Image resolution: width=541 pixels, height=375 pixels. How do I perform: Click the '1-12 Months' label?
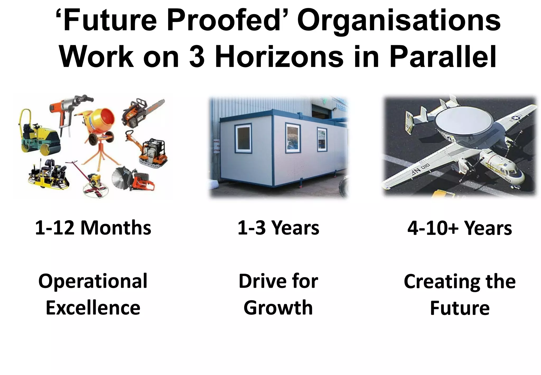click(93, 228)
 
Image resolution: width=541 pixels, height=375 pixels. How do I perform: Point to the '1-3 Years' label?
click(278, 228)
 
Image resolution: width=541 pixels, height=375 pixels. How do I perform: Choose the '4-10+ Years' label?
click(460, 228)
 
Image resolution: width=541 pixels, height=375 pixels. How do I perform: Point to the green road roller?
click(40, 135)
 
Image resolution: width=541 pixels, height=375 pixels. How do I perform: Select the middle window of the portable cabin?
click(293, 138)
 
